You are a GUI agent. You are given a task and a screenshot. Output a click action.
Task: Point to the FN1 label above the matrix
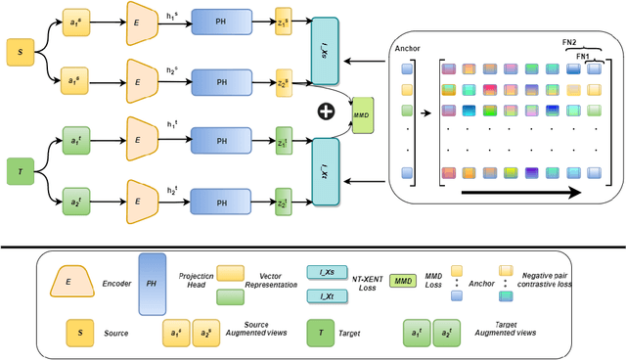584,58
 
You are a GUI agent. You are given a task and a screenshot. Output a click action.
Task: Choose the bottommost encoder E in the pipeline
143,203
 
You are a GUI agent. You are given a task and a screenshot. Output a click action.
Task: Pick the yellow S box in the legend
76,333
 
